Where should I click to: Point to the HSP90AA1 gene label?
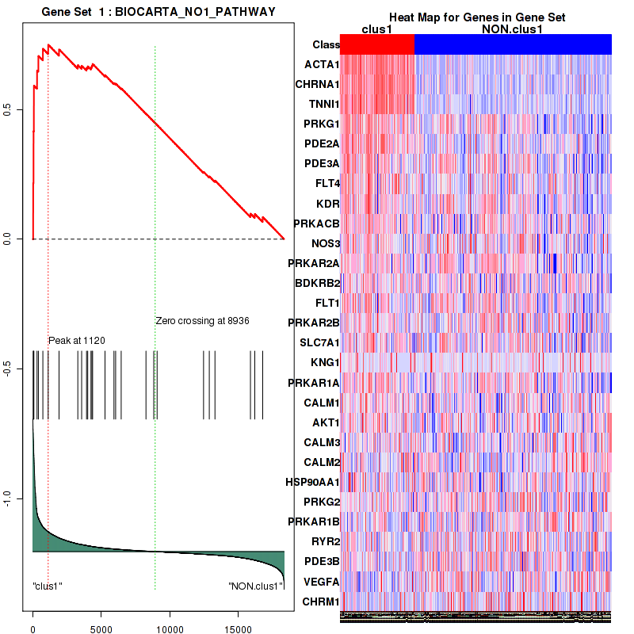(x=313, y=482)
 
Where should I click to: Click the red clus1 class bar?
(x=377, y=44)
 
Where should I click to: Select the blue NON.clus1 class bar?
(x=513, y=44)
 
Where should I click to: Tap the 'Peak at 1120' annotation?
(x=77, y=340)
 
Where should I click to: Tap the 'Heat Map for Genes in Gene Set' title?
(x=477, y=18)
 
